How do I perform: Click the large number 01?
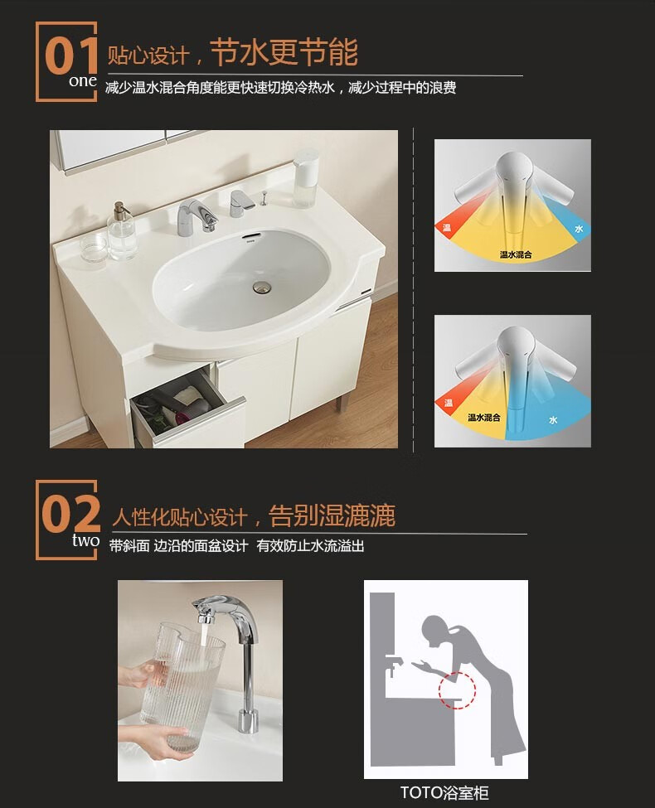[x=71, y=56]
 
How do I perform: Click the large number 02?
[x=70, y=514]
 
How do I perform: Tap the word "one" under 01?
[x=83, y=81]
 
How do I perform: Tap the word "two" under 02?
[x=85, y=540]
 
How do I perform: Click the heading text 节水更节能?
[x=284, y=52]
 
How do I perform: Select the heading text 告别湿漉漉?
[x=332, y=515]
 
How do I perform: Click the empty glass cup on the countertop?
[x=94, y=249]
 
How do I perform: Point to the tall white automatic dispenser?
[x=305, y=178]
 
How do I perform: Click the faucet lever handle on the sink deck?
[x=240, y=202]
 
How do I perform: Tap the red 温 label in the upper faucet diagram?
[x=447, y=227]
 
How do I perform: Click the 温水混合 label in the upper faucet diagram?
[x=515, y=254]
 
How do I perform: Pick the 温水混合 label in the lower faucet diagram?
[x=483, y=418]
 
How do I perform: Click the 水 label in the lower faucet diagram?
[x=553, y=420]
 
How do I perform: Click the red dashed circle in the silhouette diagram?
[x=457, y=690]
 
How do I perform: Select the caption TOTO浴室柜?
[x=444, y=792]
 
